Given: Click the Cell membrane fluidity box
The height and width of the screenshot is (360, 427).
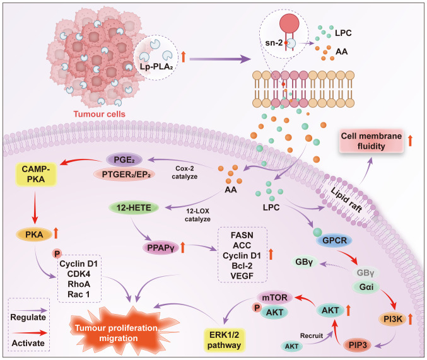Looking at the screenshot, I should (370, 141).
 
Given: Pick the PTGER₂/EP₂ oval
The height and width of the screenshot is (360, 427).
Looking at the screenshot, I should (116, 174).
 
